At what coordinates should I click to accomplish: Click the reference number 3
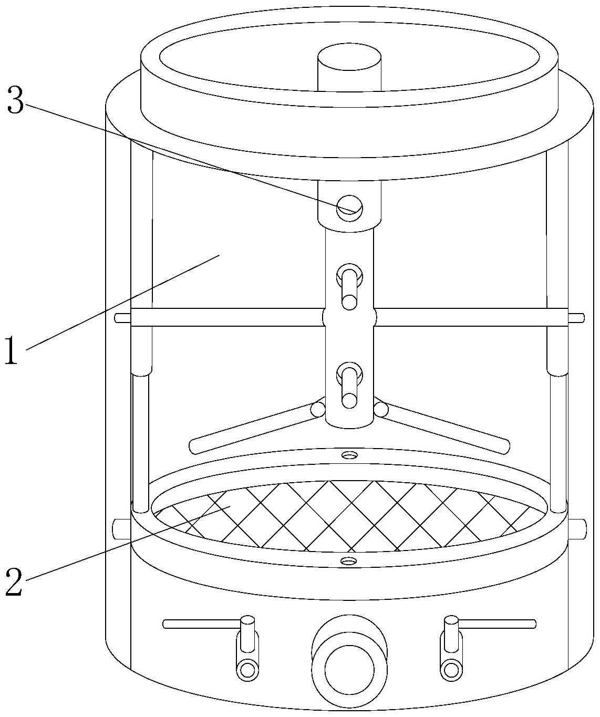click(15, 101)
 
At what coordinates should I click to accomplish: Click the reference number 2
click(14, 581)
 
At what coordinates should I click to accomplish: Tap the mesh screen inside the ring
click(347, 515)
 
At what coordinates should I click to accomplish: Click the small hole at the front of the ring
click(347, 561)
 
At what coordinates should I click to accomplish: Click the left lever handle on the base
click(210, 624)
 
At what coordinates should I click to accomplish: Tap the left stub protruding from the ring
click(121, 528)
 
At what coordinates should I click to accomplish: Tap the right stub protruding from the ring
click(576, 528)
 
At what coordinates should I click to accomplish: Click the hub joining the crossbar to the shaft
click(349, 317)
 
